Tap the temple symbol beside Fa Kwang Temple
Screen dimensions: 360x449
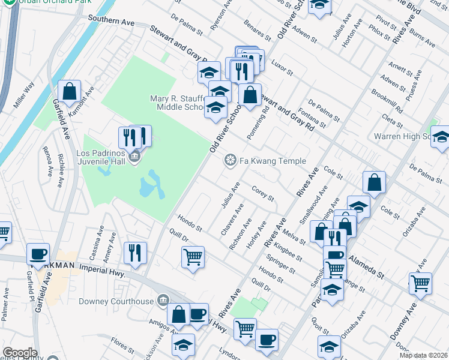pyautogui.click(x=229, y=160)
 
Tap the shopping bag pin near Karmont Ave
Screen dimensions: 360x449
pyautogui.click(x=70, y=92)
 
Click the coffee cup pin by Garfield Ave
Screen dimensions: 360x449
pyautogui.click(x=39, y=254)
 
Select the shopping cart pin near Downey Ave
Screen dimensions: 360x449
pyautogui.click(x=420, y=282)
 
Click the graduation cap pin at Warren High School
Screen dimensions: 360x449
pyautogui.click(x=441, y=138)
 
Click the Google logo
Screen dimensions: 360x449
pyautogui.click(x=19, y=353)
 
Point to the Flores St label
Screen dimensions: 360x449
pyautogui.click(x=122, y=347)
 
